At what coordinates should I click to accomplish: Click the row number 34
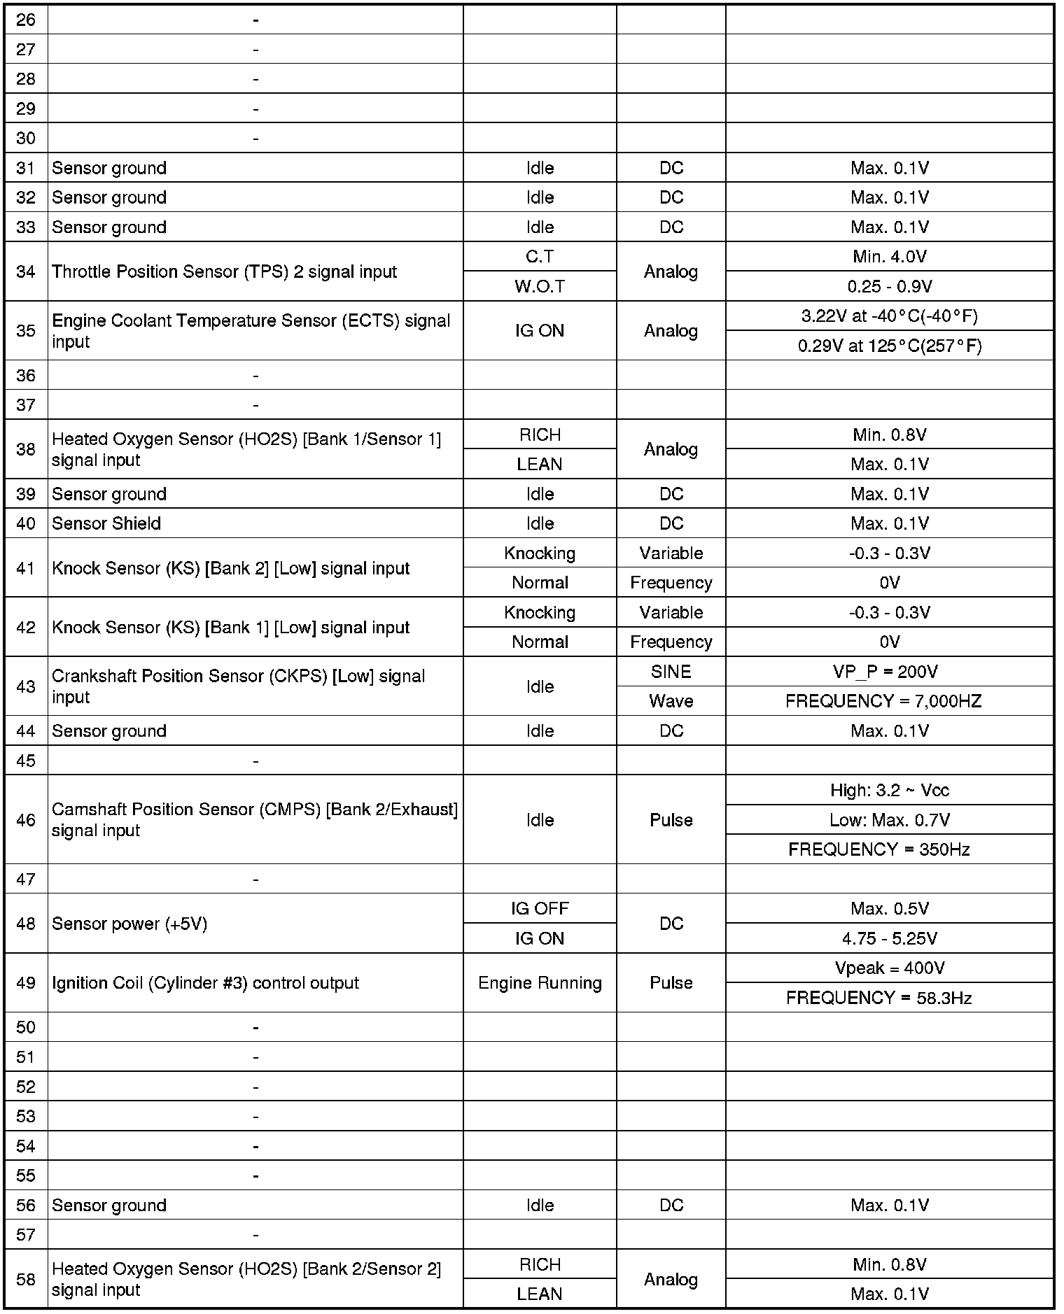click(26, 271)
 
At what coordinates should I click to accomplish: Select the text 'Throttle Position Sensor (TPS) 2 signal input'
click(224, 271)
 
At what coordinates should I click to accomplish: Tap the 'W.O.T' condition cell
click(540, 286)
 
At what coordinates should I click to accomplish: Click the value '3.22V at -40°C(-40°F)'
click(889, 316)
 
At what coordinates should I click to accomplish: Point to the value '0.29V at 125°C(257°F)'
click(889, 346)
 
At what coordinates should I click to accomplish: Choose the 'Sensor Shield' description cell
click(106, 523)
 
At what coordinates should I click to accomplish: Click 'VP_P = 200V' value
click(889, 672)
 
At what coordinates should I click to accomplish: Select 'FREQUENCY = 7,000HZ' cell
click(883, 701)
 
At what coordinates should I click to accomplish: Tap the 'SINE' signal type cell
click(671, 672)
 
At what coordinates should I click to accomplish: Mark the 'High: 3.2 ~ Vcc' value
click(889, 790)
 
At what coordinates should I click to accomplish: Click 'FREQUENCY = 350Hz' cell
click(879, 849)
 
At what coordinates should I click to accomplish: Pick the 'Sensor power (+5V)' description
click(129, 924)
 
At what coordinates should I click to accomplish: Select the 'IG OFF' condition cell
click(540, 908)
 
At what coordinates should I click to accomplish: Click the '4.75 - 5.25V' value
click(889, 938)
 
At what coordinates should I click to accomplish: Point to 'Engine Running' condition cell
click(540, 983)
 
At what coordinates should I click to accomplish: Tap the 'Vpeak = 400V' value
click(889, 968)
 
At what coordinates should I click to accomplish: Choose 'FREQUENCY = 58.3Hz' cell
click(879, 998)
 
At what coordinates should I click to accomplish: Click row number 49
click(26, 983)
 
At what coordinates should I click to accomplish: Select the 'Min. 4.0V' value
click(889, 257)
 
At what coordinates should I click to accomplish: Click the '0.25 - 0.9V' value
click(889, 286)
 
